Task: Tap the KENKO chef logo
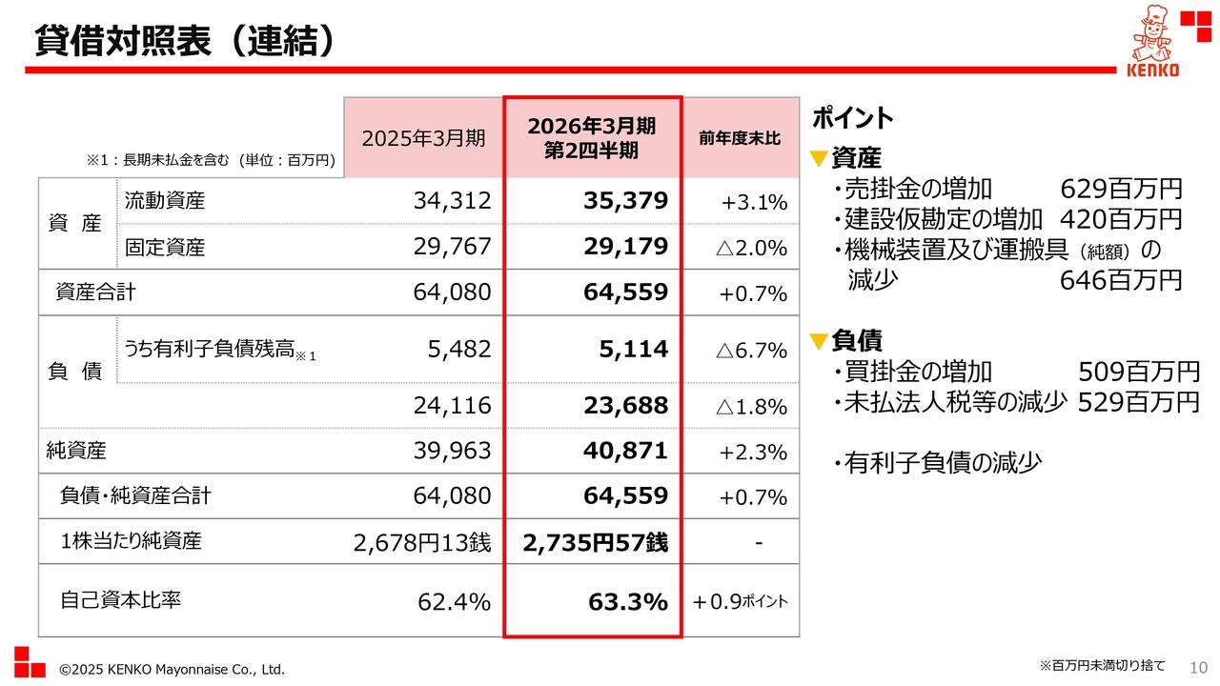tap(1152, 43)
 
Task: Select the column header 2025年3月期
tap(423, 138)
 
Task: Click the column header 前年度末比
tap(740, 138)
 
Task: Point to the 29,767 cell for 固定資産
tap(452, 247)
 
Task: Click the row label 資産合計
tap(95, 293)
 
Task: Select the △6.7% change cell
tap(751, 351)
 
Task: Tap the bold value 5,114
tap(634, 350)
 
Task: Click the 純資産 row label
tap(76, 451)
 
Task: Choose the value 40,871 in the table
tap(626, 451)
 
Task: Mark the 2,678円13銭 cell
tap(421, 543)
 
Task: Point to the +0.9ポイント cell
tap(741, 601)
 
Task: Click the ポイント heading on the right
tap(852, 118)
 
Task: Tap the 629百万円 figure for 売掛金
tap(1121, 189)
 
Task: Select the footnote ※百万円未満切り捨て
tap(1101, 665)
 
